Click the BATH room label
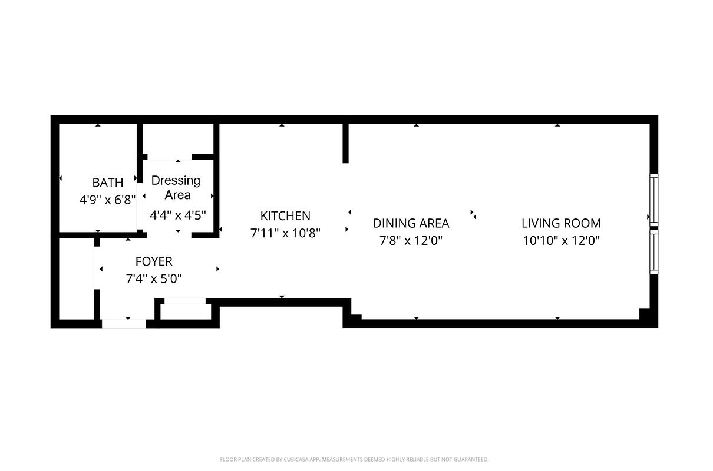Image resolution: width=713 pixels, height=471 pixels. point(108,183)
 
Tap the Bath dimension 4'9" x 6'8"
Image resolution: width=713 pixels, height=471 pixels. point(108,200)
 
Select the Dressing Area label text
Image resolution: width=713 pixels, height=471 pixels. point(176,187)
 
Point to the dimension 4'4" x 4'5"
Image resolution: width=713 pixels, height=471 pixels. point(177,215)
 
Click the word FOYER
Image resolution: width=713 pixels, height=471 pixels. point(154,261)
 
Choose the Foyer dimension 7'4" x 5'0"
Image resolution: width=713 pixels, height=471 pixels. point(154,278)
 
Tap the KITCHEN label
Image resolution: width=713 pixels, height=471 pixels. point(285,216)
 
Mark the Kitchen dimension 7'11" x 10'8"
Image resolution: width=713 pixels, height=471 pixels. point(285,233)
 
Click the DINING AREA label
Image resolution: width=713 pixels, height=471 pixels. point(411,223)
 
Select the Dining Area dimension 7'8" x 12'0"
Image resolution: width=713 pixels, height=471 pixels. point(411,240)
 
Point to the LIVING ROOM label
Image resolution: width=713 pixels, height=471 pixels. point(561,223)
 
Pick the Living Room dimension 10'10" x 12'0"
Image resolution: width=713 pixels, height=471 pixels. point(561,240)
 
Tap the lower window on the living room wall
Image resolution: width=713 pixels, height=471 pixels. point(653,252)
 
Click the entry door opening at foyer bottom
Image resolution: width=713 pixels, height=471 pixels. point(124,323)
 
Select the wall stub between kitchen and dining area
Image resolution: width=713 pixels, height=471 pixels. point(346,143)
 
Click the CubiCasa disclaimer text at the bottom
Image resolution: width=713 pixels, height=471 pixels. point(354,459)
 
